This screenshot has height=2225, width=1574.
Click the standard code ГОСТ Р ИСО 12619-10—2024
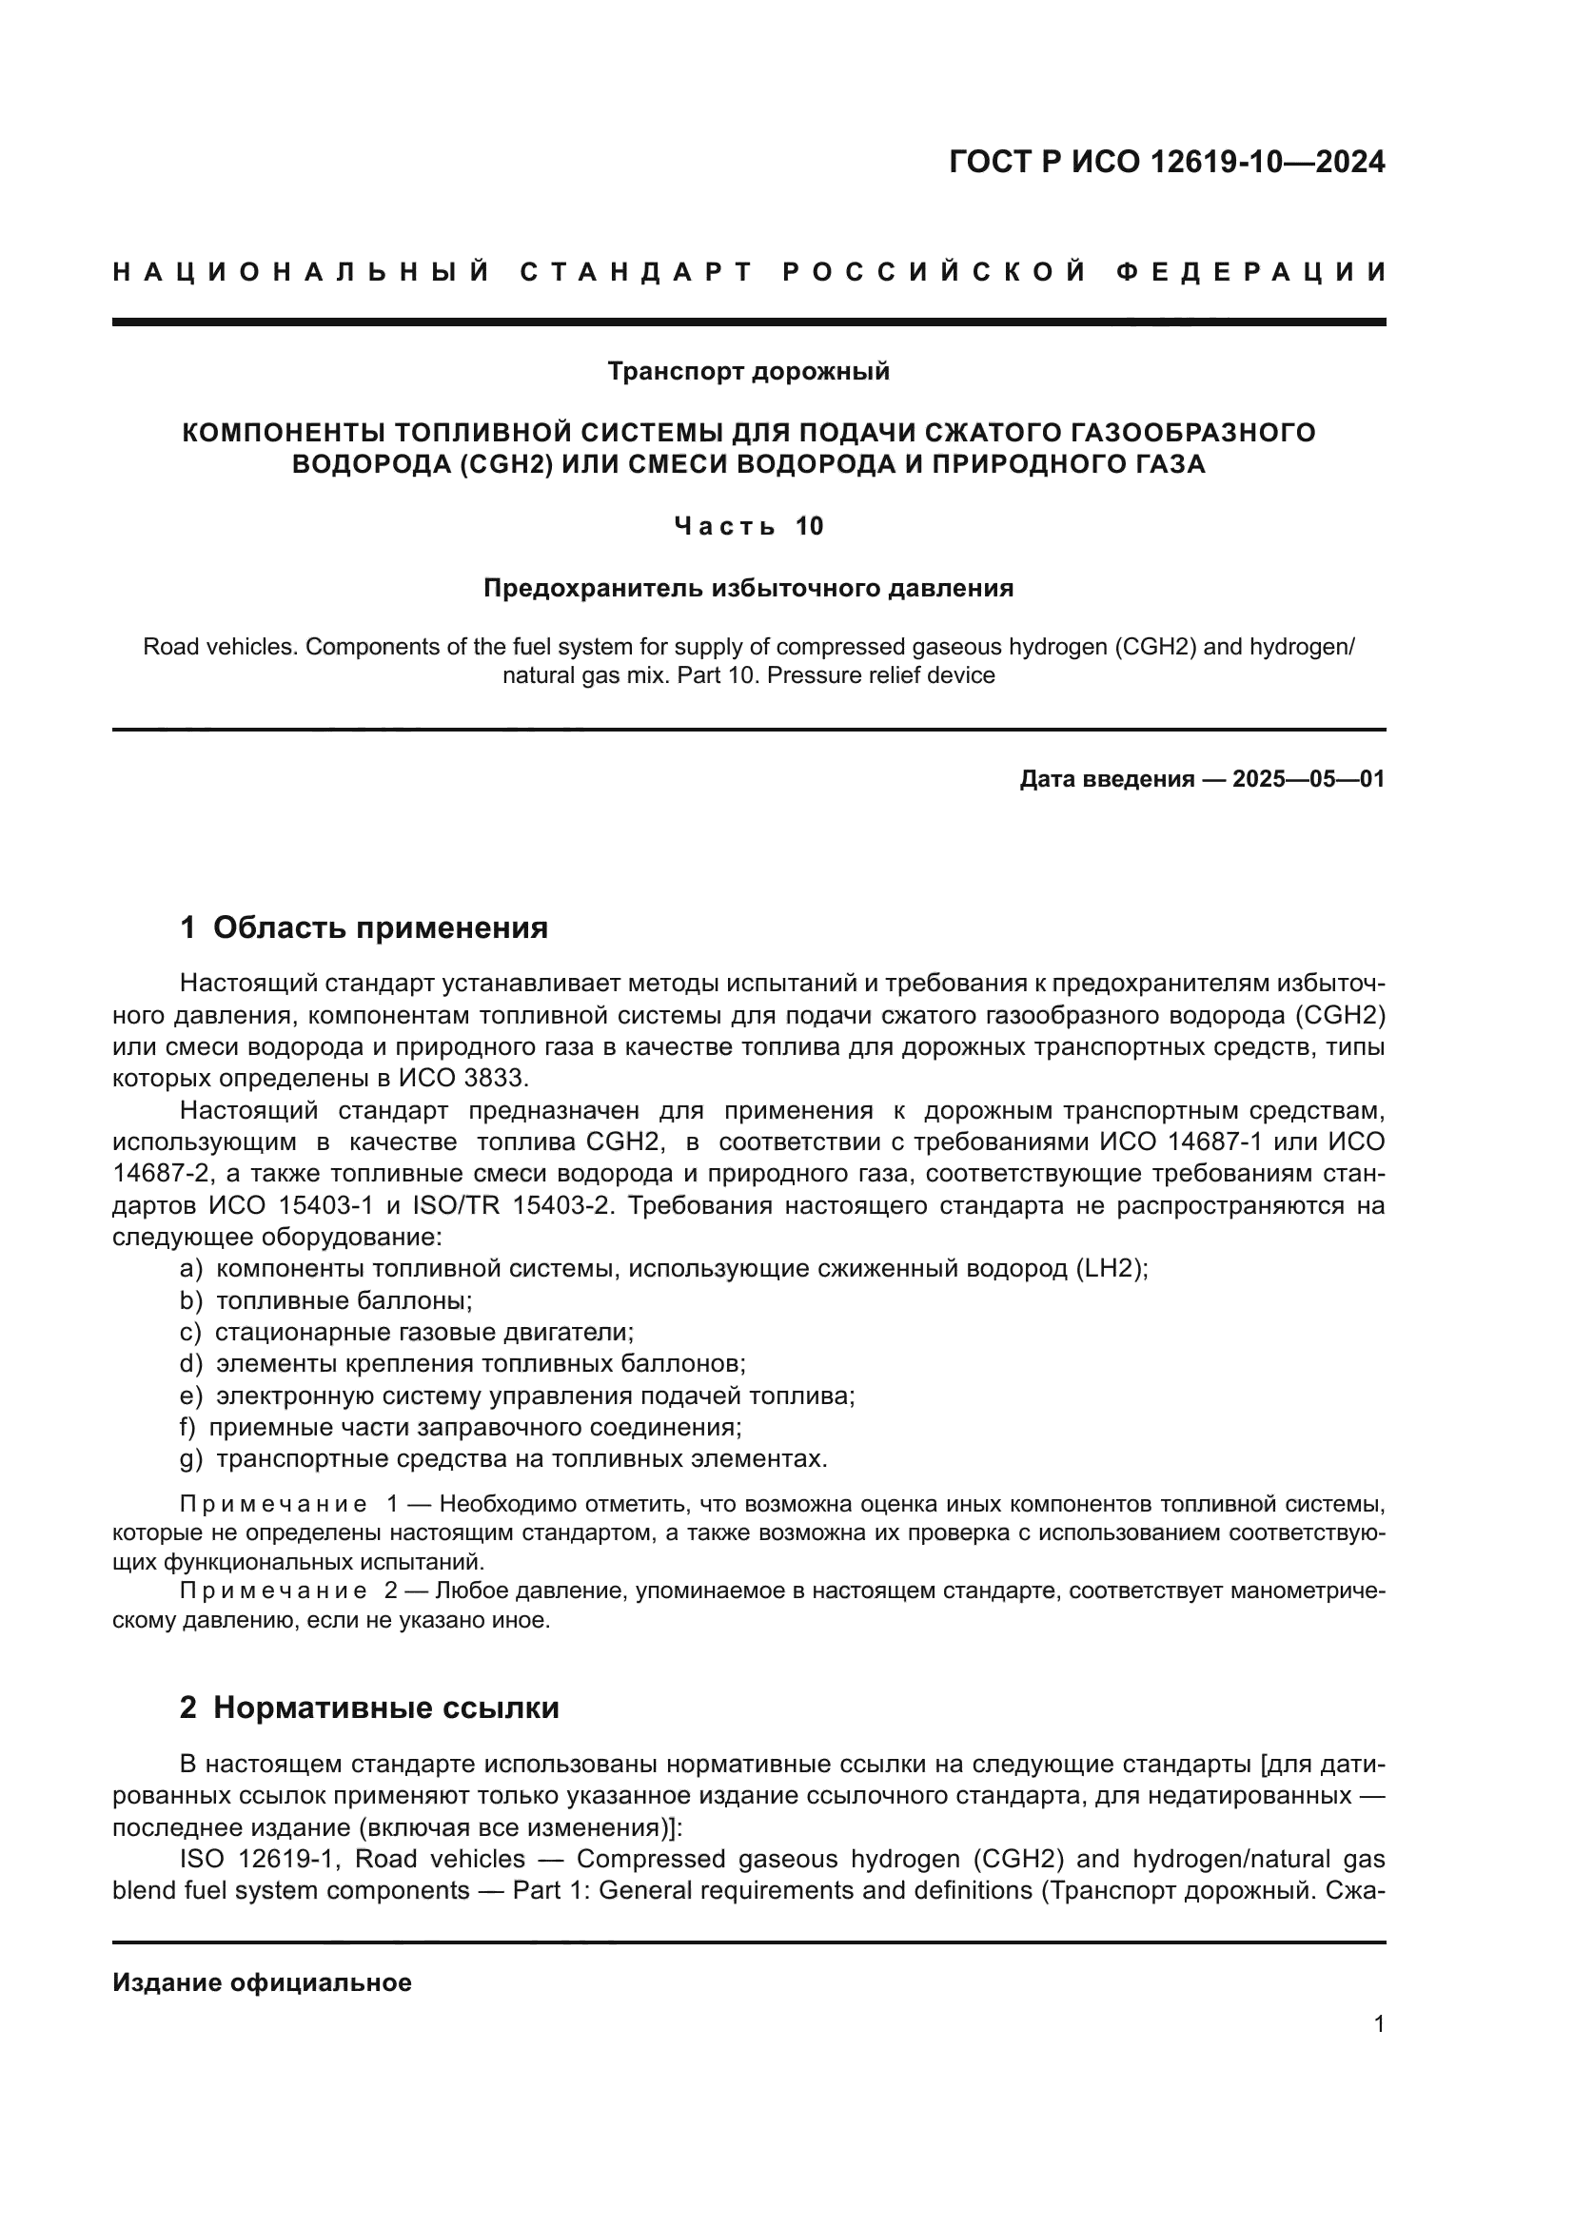tap(1167, 162)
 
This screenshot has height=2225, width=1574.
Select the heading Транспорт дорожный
tap(748, 371)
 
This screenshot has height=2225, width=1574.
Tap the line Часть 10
tap(748, 526)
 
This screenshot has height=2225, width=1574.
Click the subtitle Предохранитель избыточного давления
tap(748, 588)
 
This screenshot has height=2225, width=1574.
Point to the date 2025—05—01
tap(1308, 779)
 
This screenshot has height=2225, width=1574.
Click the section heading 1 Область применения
tap(364, 927)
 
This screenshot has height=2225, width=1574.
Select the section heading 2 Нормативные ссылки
tap(369, 1708)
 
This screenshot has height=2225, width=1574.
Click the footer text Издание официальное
tap(262, 1982)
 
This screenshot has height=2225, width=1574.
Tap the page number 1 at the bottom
tap(1378, 2024)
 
